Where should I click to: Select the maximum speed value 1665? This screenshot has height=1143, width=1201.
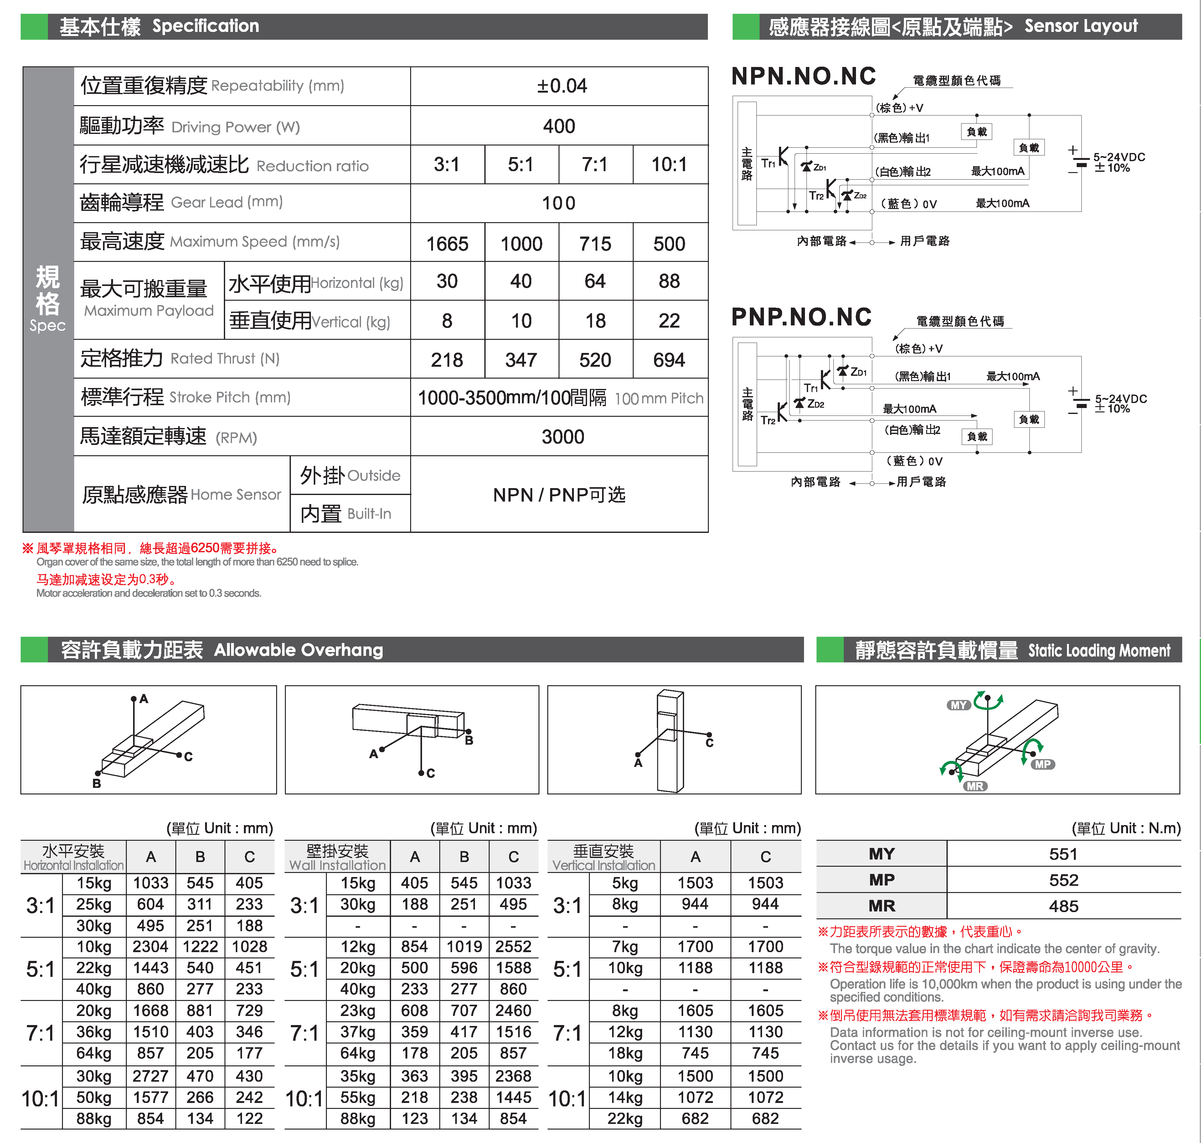coord(447,244)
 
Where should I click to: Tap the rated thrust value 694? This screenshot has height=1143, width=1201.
coord(669,360)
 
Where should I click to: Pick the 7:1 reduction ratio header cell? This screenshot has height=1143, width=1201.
coord(595,165)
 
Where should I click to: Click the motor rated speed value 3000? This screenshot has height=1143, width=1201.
coord(562,437)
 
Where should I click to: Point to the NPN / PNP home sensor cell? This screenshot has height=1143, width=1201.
coord(559,495)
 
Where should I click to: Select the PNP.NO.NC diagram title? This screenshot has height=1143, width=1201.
coord(801,317)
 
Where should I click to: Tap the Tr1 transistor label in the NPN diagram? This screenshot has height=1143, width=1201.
coord(768,163)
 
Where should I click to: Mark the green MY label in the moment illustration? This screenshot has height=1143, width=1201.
coord(958,705)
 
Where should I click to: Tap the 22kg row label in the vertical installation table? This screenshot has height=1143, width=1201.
coord(625,1119)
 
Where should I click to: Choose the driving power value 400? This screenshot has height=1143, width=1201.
coord(559,126)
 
